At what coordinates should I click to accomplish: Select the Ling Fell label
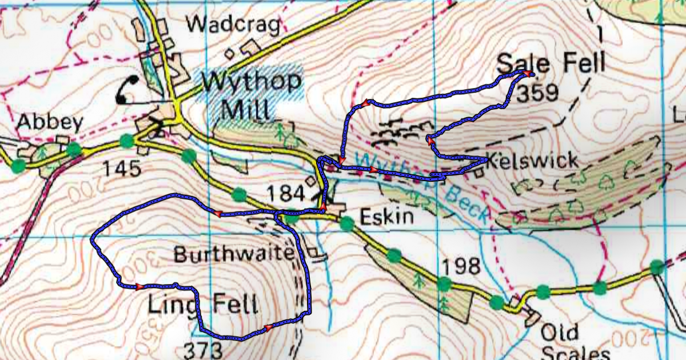(x=202, y=305)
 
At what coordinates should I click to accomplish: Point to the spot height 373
(x=203, y=349)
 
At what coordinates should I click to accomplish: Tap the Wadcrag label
(x=234, y=24)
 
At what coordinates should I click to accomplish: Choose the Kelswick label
(x=533, y=161)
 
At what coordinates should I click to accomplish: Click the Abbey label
(x=50, y=122)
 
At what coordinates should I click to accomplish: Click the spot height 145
(x=121, y=169)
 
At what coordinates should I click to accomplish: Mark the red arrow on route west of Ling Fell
(x=139, y=286)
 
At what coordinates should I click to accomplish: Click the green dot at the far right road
(x=656, y=266)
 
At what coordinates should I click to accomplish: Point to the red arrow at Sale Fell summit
(x=524, y=74)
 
